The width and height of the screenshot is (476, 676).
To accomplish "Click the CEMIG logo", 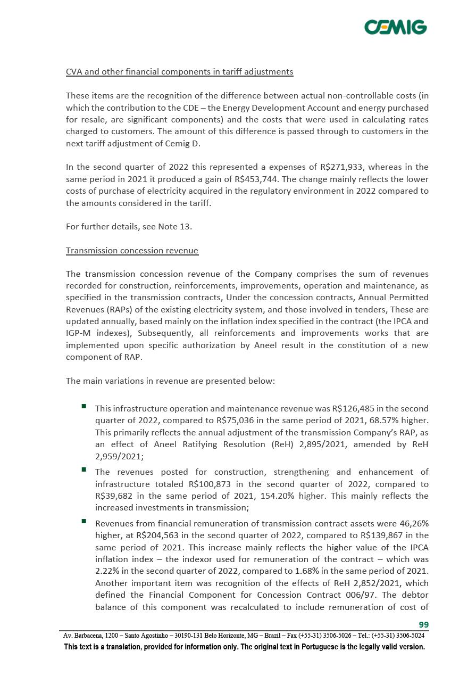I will tap(395, 27).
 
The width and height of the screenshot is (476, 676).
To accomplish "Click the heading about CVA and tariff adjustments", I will tap(179, 72).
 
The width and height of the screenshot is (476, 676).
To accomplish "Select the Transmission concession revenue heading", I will tap(132, 251).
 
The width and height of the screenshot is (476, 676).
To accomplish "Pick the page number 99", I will tap(423, 625).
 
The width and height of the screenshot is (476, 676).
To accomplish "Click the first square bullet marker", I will tap(84, 407).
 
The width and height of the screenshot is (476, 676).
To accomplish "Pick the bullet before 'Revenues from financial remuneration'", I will tap(84, 522).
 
